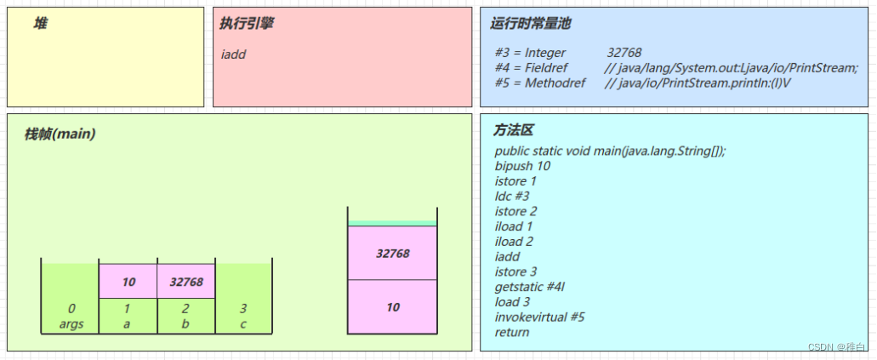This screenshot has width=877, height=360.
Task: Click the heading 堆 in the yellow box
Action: click(x=40, y=24)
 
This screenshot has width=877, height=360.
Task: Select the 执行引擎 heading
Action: click(x=247, y=24)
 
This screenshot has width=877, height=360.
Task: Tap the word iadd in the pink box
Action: click(x=234, y=54)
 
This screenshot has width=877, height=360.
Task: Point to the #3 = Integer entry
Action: click(x=530, y=53)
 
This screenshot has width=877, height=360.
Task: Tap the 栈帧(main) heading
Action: click(x=60, y=134)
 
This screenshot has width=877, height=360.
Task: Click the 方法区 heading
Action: click(x=514, y=131)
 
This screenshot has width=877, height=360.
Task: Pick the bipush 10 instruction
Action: click(x=522, y=166)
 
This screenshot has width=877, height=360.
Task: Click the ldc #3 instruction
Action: click(x=512, y=196)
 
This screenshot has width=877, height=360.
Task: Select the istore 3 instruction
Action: click(x=515, y=271)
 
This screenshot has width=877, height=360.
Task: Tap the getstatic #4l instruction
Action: click(x=531, y=287)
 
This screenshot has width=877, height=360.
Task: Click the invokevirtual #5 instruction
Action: click(x=539, y=317)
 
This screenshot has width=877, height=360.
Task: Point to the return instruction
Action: click(x=512, y=332)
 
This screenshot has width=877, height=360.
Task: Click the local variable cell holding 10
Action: click(x=128, y=282)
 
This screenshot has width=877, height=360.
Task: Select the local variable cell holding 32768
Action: click(x=186, y=282)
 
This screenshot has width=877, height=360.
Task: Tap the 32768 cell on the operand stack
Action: click(x=392, y=254)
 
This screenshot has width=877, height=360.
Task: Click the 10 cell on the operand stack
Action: click(x=392, y=307)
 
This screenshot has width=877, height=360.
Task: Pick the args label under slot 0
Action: click(x=71, y=324)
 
